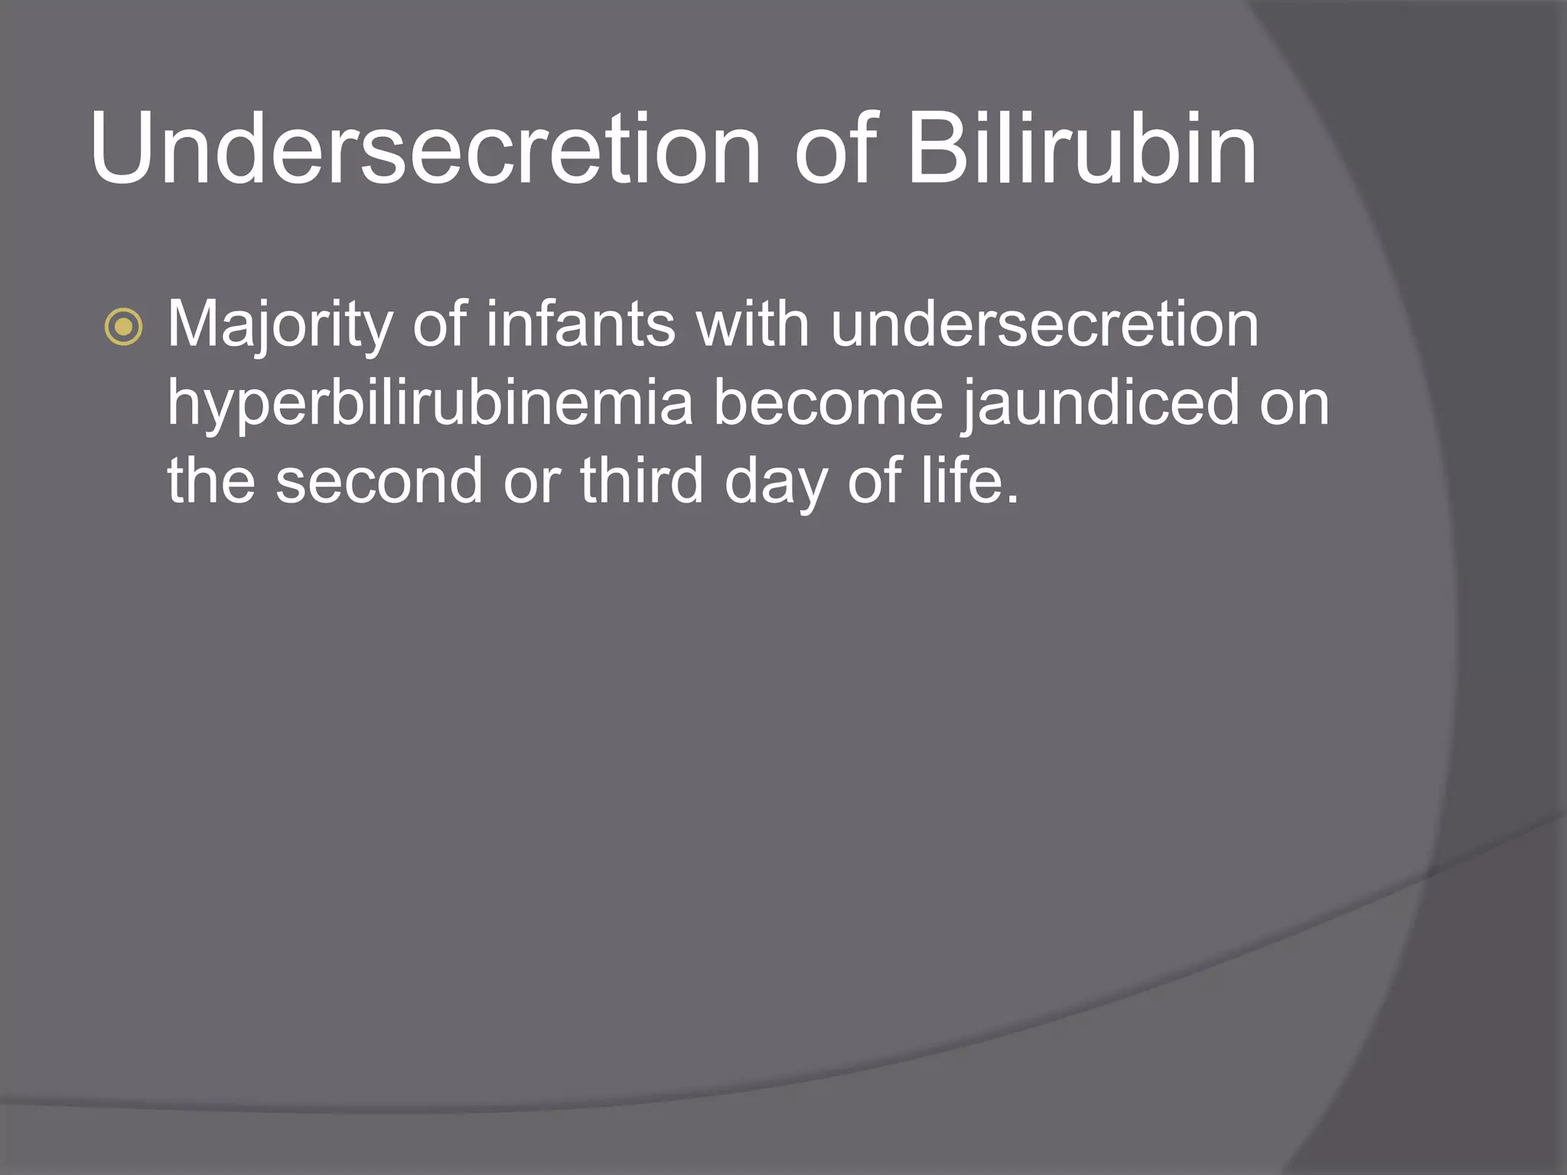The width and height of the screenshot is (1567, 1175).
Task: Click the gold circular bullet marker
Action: (123, 327)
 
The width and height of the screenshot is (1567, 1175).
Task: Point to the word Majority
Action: (280, 326)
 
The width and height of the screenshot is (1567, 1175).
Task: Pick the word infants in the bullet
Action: (581, 324)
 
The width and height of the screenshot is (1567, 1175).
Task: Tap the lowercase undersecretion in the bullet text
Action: (1044, 324)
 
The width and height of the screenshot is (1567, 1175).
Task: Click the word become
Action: (829, 403)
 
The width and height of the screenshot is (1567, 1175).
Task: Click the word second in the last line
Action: (380, 481)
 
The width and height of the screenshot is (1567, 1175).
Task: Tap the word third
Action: (641, 481)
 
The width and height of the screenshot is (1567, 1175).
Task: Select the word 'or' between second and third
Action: (533, 483)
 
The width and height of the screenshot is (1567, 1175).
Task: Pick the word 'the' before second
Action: (211, 481)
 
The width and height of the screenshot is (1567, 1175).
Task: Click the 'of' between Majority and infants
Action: (440, 324)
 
